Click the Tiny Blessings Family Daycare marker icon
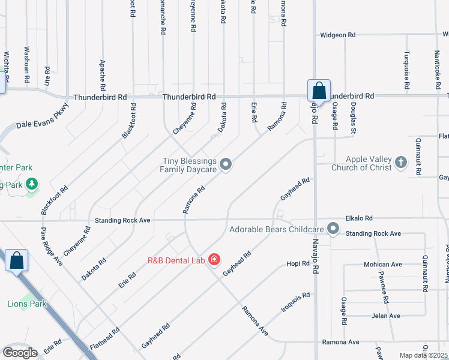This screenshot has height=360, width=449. [226, 164]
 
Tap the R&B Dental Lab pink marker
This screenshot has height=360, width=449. [215, 260]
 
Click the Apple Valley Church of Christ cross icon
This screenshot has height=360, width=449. [401, 161]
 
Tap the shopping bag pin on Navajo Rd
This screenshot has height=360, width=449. [319, 92]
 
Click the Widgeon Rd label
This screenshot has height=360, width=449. [342, 35]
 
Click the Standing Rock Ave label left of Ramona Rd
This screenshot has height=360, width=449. [119, 220]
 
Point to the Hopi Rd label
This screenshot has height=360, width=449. [298, 263]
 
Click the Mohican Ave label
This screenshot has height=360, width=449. [382, 265]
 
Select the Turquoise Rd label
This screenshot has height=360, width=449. [406, 71]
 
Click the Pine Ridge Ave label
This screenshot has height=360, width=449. [51, 247]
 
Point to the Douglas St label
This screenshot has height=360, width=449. [354, 118]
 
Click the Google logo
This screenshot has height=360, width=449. [20, 353]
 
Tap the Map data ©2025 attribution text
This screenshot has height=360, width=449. [423, 355]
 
